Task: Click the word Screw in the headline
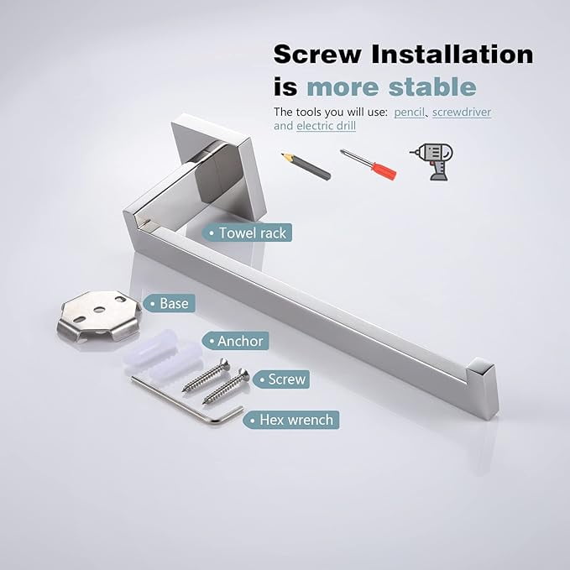[x=317, y=55]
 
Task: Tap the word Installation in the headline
[x=452, y=55]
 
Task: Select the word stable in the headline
[x=432, y=86]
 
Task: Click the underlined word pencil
[x=410, y=112]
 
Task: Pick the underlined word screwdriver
[x=462, y=112]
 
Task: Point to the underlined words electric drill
[x=326, y=126]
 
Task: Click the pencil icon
[x=306, y=166]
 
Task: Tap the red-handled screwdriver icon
[x=369, y=164]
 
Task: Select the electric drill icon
[x=431, y=161]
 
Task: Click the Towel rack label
[x=247, y=233]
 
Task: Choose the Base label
[x=169, y=303]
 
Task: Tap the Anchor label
[x=236, y=341]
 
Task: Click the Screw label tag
[x=281, y=379]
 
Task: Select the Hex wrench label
[x=291, y=420]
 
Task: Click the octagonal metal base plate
[x=99, y=316]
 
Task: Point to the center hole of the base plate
[x=99, y=310]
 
